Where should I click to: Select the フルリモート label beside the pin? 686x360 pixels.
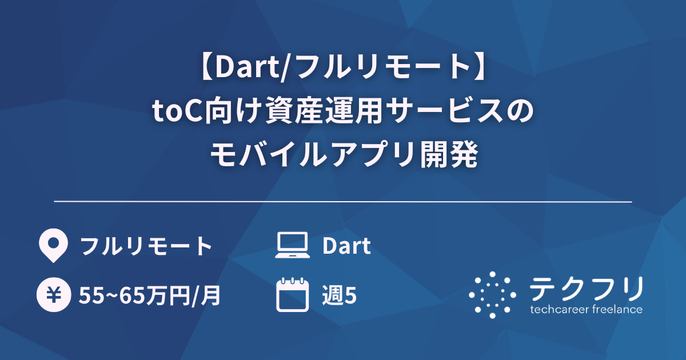pos(146,246)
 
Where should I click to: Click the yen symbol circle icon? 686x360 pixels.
pos(53,295)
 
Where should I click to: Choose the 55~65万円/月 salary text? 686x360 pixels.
pos(150,296)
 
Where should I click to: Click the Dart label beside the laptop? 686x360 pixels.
pos(346,246)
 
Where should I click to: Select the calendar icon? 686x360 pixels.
pos(292,295)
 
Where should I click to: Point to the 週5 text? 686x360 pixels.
pos(340,296)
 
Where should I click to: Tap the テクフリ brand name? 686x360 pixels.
pos(586,289)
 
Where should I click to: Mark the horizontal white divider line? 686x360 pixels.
pos(343,202)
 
